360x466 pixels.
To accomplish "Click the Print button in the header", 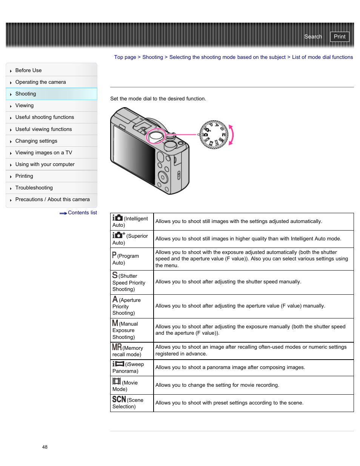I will tap(339, 37).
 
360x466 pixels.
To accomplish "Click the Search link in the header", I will tap(313, 37).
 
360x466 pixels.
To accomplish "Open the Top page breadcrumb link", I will tap(125, 57).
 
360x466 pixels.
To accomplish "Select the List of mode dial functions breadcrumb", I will tap(322, 57).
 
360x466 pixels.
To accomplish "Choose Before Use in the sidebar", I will tap(28, 70).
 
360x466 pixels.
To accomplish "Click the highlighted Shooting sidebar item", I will tap(26, 94).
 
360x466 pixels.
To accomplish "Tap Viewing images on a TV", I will tap(43, 152).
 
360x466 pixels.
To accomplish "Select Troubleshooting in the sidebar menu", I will tap(34, 188).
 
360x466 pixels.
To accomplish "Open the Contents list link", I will tap(82, 213).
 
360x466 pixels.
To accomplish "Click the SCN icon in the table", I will tap(119, 399).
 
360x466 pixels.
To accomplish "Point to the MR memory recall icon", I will tap(117, 347).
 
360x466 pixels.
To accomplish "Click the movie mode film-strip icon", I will tap(117, 381).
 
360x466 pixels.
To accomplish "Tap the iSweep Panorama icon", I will tap(118, 364).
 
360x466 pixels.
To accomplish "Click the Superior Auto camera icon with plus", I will tap(118, 235).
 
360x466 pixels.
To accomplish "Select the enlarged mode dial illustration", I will tap(214, 135).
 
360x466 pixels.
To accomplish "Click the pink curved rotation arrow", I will tap(231, 135).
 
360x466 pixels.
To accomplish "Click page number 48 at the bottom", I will tap(45, 447).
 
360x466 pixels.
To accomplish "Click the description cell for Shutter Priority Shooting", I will tap(253, 282).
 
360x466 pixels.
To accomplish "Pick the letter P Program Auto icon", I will tap(114, 255).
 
